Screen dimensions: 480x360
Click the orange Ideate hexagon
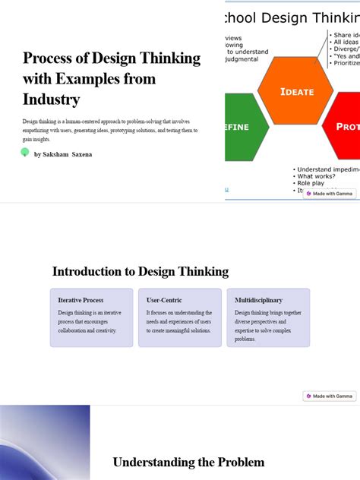295,91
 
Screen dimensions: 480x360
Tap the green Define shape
245,127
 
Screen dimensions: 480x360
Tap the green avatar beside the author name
25,153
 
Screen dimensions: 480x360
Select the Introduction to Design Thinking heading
141,271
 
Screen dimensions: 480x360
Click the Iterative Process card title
81,300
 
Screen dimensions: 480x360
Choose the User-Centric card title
164,300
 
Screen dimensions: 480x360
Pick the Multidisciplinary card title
258,300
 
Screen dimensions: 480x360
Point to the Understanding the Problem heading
188,462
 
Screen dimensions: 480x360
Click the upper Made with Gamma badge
330,194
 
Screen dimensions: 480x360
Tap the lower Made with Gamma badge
330,396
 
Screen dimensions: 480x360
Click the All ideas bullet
346,43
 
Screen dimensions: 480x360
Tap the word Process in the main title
49,58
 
